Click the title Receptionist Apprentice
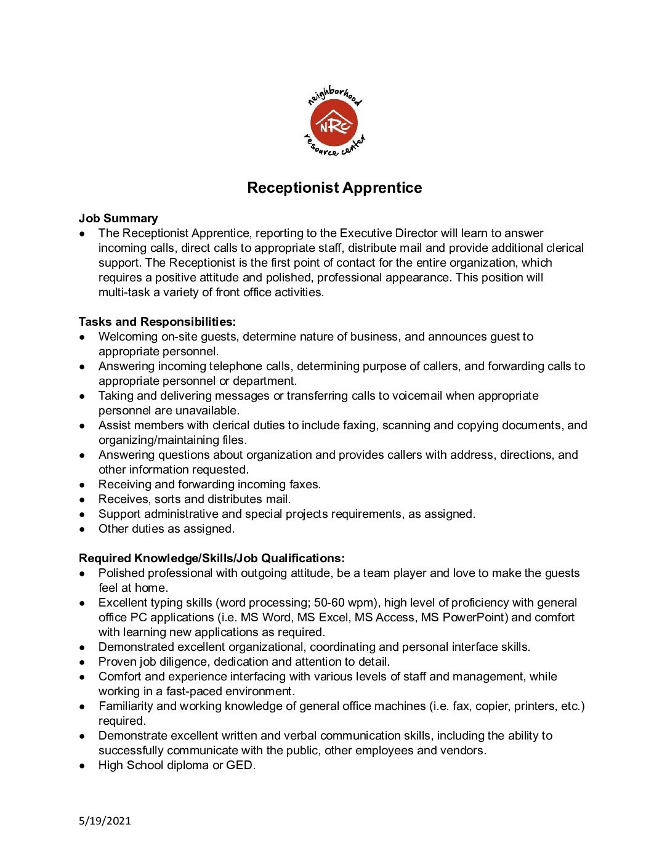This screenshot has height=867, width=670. coord(334,188)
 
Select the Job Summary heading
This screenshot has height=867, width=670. coord(118,219)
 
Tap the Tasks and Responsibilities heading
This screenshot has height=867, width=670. coord(157,322)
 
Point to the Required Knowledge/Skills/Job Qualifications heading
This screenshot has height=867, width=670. coord(211,559)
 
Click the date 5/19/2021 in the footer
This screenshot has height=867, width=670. coord(105,821)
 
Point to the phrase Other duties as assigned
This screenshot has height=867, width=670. coord(166,529)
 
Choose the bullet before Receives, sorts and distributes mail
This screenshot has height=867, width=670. coord(82,499)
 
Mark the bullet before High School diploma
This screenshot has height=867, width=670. coord(82,765)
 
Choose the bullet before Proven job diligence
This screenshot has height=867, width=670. coord(82,662)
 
